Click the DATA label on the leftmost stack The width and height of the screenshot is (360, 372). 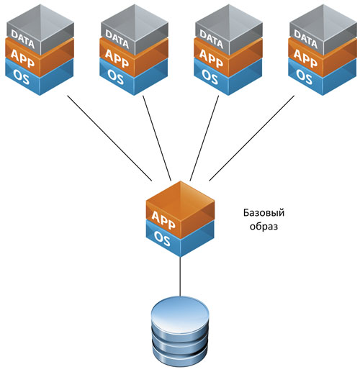[x=23, y=38]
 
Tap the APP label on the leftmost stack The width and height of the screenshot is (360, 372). [x=23, y=58]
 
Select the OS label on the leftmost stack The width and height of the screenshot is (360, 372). [x=22, y=76]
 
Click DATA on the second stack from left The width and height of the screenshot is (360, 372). [x=117, y=38]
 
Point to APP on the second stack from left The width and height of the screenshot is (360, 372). [x=117, y=58]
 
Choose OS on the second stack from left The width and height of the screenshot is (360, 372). [x=116, y=76]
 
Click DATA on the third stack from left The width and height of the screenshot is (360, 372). [x=212, y=38]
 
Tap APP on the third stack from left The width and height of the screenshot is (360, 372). [x=212, y=58]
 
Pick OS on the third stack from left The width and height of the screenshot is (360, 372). [x=210, y=76]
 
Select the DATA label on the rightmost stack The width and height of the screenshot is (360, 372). [x=306, y=38]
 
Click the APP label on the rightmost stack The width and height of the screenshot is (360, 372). [x=306, y=58]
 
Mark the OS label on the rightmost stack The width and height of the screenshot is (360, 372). [x=305, y=76]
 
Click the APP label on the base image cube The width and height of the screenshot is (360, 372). [x=163, y=220]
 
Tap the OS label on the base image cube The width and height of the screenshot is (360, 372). [x=162, y=238]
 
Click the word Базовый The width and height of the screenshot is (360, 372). [x=264, y=212]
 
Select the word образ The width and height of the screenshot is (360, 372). [x=264, y=226]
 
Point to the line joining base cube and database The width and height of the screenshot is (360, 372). [x=180, y=277]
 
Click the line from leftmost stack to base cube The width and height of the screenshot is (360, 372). [x=109, y=138]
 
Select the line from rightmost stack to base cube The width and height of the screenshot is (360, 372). [x=252, y=138]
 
